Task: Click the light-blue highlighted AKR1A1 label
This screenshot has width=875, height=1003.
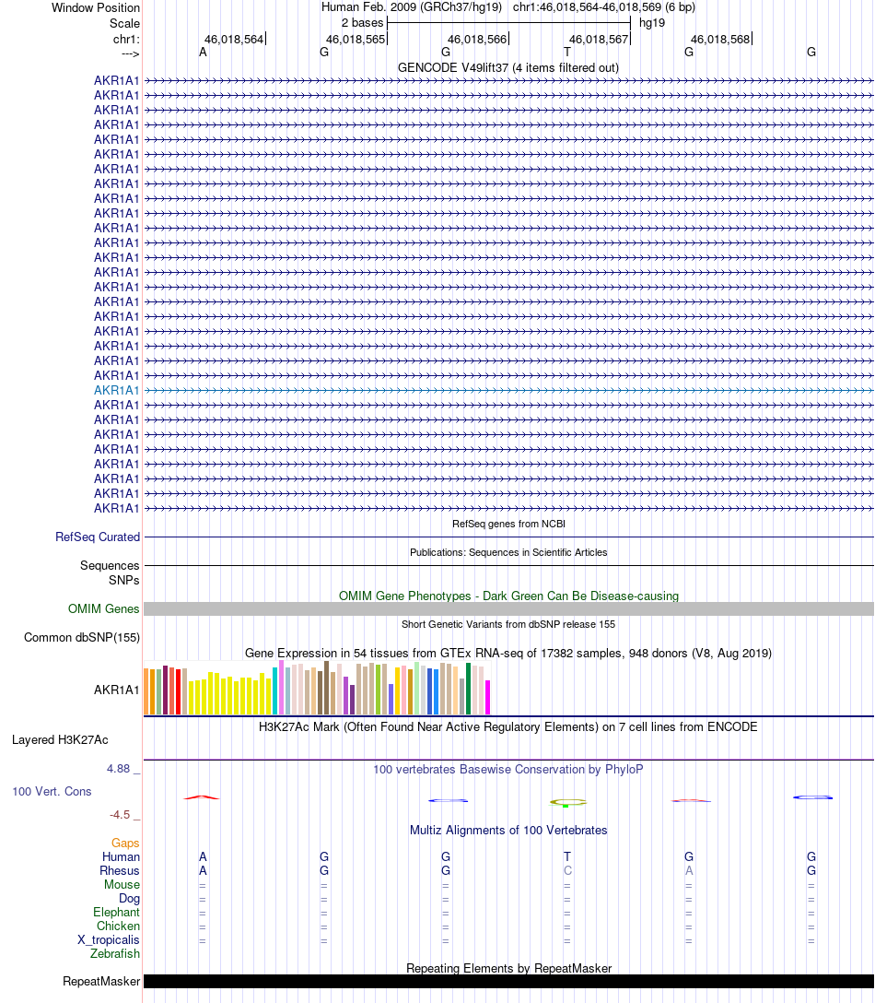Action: (117, 390)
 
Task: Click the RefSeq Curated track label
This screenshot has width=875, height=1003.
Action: (98, 537)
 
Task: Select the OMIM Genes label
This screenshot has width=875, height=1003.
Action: (104, 608)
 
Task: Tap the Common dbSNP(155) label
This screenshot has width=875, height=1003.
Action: (82, 637)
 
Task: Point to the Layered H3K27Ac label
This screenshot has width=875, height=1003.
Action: (60, 739)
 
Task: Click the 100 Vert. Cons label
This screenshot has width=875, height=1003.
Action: (52, 791)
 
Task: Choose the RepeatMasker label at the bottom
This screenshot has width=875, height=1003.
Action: (101, 981)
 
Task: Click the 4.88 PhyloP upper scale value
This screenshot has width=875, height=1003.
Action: (120, 768)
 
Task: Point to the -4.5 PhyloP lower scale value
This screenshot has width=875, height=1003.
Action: (120, 815)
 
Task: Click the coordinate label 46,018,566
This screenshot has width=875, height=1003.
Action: (477, 40)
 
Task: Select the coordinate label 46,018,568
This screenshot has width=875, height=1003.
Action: (720, 40)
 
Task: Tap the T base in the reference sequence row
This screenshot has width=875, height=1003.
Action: (567, 53)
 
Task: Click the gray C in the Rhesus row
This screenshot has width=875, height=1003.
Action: (567, 870)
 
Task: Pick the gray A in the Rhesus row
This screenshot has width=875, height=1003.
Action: (689, 870)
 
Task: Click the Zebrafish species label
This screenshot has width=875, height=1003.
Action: (115, 953)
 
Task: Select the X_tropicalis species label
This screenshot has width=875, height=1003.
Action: (109, 939)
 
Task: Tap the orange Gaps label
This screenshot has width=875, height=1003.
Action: (125, 843)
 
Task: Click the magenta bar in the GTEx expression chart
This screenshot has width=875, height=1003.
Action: (488, 697)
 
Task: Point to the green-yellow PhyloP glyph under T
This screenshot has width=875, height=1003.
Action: (567, 802)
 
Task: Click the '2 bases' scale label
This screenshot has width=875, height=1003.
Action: (362, 22)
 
